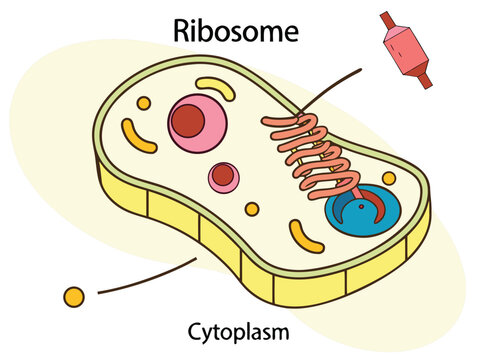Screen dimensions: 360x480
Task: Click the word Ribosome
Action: coord(236,31)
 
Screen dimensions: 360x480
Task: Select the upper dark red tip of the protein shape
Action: coord(386,19)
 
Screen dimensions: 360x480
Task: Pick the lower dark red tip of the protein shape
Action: coord(426,80)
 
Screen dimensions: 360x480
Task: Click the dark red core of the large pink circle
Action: coord(187,122)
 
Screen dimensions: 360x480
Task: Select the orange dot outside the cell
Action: coord(73,296)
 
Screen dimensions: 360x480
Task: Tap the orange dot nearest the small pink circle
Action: coord(252,209)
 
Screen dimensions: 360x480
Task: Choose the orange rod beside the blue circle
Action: coord(303,236)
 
